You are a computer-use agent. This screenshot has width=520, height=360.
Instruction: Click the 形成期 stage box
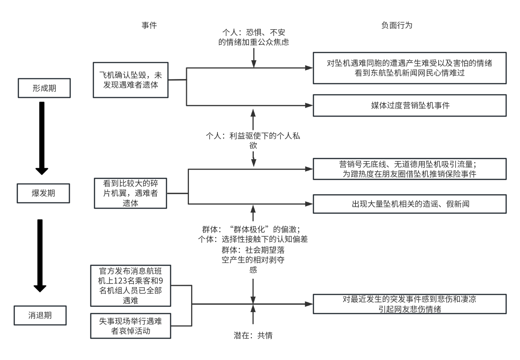pyautogui.click(x=44, y=88)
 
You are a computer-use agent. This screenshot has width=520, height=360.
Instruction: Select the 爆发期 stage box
pyautogui.click(x=43, y=193)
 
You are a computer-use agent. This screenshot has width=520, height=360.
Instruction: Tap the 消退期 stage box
pyautogui.click(x=40, y=315)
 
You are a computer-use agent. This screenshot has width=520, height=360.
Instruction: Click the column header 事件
pyautogui.click(x=149, y=25)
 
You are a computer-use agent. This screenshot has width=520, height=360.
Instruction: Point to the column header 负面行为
pyautogui.click(x=397, y=25)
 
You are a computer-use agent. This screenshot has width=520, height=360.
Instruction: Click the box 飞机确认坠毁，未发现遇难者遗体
pyautogui.click(x=130, y=80)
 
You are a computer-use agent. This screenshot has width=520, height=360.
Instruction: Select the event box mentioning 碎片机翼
pyautogui.click(x=130, y=193)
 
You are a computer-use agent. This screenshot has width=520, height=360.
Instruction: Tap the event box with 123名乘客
pyautogui.click(x=130, y=285)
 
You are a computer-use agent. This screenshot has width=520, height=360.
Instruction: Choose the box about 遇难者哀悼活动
pyautogui.click(x=130, y=326)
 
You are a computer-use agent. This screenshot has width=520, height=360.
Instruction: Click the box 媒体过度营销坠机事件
pyautogui.click(x=410, y=106)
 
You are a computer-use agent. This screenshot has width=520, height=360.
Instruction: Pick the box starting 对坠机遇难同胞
pyautogui.click(x=410, y=68)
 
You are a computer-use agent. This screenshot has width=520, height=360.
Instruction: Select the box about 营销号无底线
pyautogui.click(x=410, y=169)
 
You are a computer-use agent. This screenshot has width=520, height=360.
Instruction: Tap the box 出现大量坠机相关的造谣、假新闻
pyautogui.click(x=410, y=204)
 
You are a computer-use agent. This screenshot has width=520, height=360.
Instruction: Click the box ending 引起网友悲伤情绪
pyautogui.click(x=410, y=304)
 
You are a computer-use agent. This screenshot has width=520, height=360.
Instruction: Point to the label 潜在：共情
pyautogui.click(x=253, y=335)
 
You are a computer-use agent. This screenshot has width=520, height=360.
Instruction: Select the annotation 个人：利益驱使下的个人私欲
pyautogui.click(x=253, y=140)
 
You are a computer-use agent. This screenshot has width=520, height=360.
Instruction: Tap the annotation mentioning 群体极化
pyautogui.click(x=253, y=234)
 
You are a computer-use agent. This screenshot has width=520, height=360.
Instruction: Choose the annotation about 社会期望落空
pyautogui.click(x=253, y=260)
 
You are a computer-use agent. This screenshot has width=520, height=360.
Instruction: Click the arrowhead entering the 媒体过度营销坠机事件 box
pyautogui.click(x=310, y=106)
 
